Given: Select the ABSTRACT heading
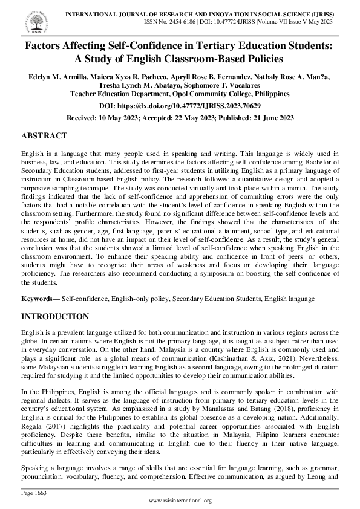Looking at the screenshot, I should coord(44,135).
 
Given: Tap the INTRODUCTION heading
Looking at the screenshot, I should coord(55,316).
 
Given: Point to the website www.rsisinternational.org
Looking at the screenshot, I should coord(180,501).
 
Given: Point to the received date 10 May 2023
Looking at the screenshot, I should coord(122,118).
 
